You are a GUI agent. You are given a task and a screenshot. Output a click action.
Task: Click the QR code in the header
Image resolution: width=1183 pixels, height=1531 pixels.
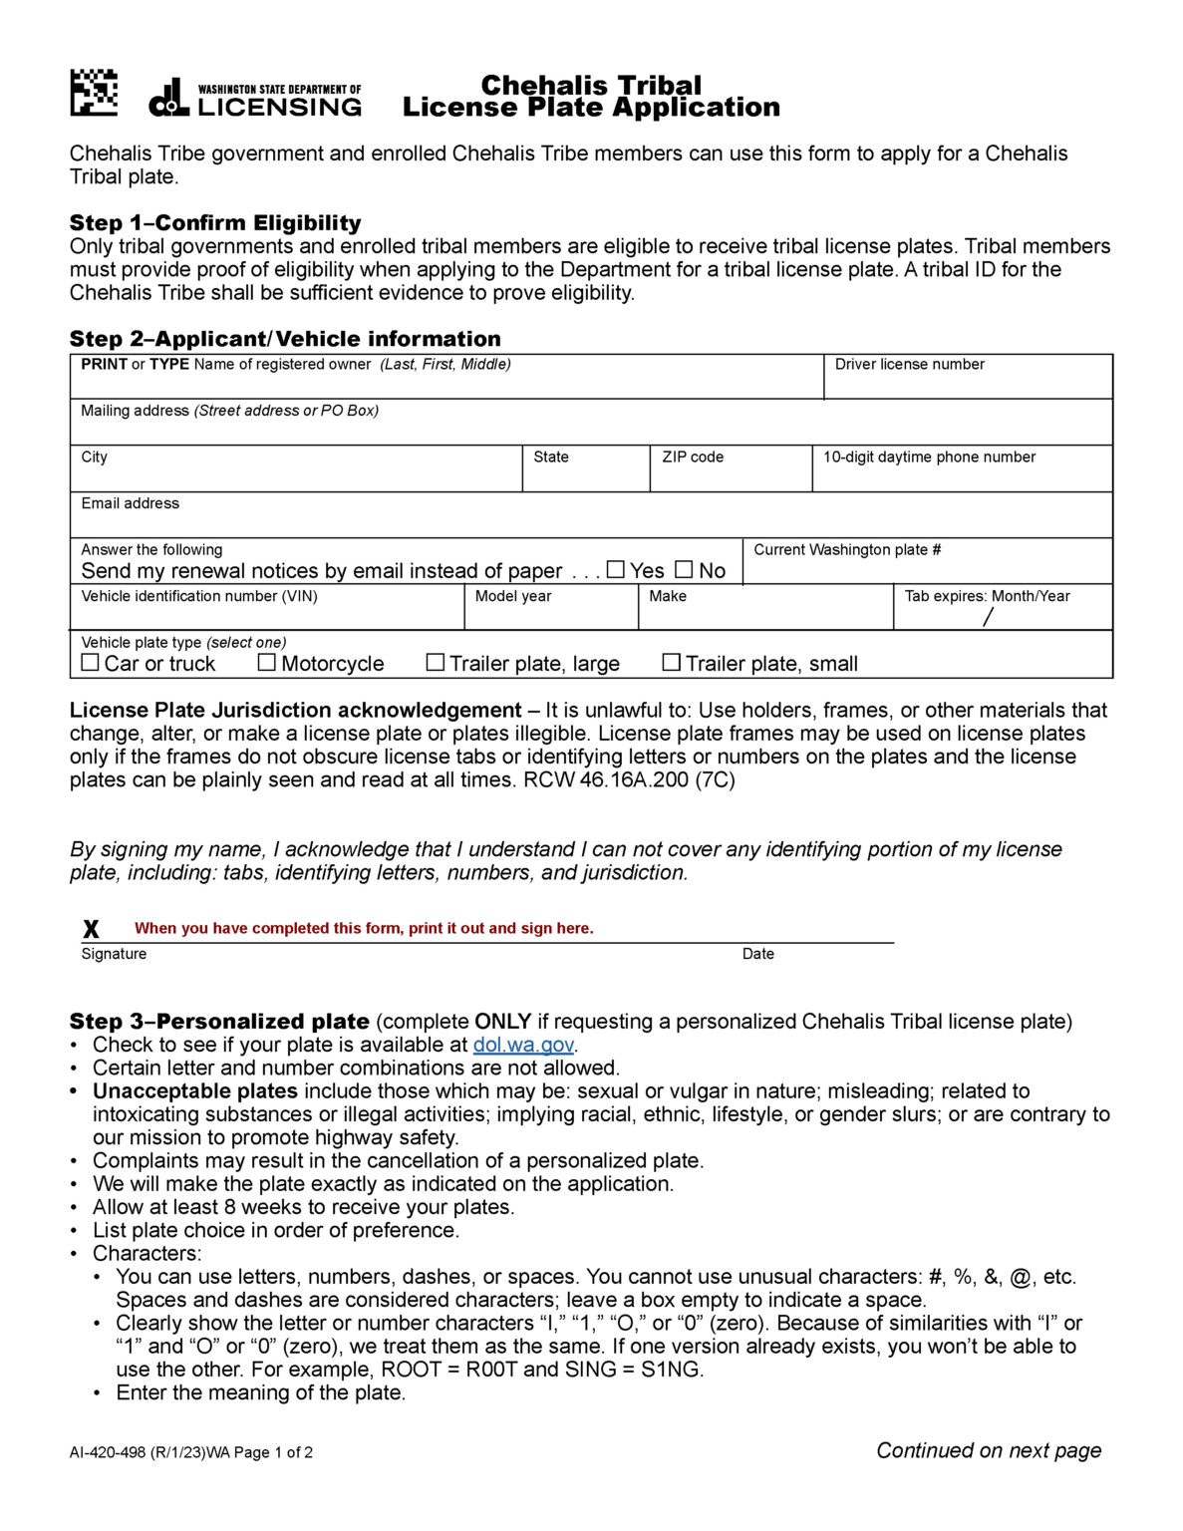(94, 93)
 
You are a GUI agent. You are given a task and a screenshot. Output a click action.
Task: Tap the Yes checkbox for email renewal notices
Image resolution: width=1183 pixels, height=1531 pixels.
(616, 569)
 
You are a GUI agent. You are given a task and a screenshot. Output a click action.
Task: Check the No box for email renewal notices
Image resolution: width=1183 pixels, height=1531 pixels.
(684, 569)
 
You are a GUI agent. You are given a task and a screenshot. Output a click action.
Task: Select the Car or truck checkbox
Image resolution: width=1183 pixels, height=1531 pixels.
(91, 662)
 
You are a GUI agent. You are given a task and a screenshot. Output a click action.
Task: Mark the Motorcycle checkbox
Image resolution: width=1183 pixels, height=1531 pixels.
(267, 662)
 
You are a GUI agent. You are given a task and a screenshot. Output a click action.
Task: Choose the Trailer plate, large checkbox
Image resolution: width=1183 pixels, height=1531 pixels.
(436, 662)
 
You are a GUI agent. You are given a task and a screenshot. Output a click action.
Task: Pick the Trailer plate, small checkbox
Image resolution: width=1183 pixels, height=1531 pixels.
(672, 662)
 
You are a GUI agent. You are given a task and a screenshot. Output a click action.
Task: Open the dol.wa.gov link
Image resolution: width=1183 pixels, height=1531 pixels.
(523, 1045)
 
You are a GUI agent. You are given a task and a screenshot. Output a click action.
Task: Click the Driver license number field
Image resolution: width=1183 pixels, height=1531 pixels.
(967, 383)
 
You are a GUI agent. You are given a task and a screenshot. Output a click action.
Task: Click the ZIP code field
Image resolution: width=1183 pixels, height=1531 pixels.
(730, 476)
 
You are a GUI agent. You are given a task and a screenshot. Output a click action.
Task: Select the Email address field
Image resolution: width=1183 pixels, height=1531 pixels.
(590, 522)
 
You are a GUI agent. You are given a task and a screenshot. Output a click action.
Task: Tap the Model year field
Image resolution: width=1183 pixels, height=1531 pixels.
(550, 614)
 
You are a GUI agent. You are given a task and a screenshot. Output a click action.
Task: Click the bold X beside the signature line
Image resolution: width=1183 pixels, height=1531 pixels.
(91, 929)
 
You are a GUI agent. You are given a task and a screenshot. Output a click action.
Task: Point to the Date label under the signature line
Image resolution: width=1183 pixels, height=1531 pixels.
(757, 954)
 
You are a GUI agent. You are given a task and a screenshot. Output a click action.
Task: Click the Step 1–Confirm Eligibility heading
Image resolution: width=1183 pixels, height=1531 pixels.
(215, 223)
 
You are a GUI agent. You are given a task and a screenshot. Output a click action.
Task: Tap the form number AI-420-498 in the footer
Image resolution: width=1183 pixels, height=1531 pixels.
(108, 1452)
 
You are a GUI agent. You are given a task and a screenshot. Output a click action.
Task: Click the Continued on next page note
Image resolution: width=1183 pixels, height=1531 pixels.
(989, 1450)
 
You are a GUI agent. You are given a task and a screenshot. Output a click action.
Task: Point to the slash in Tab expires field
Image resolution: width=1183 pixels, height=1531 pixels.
(988, 617)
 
